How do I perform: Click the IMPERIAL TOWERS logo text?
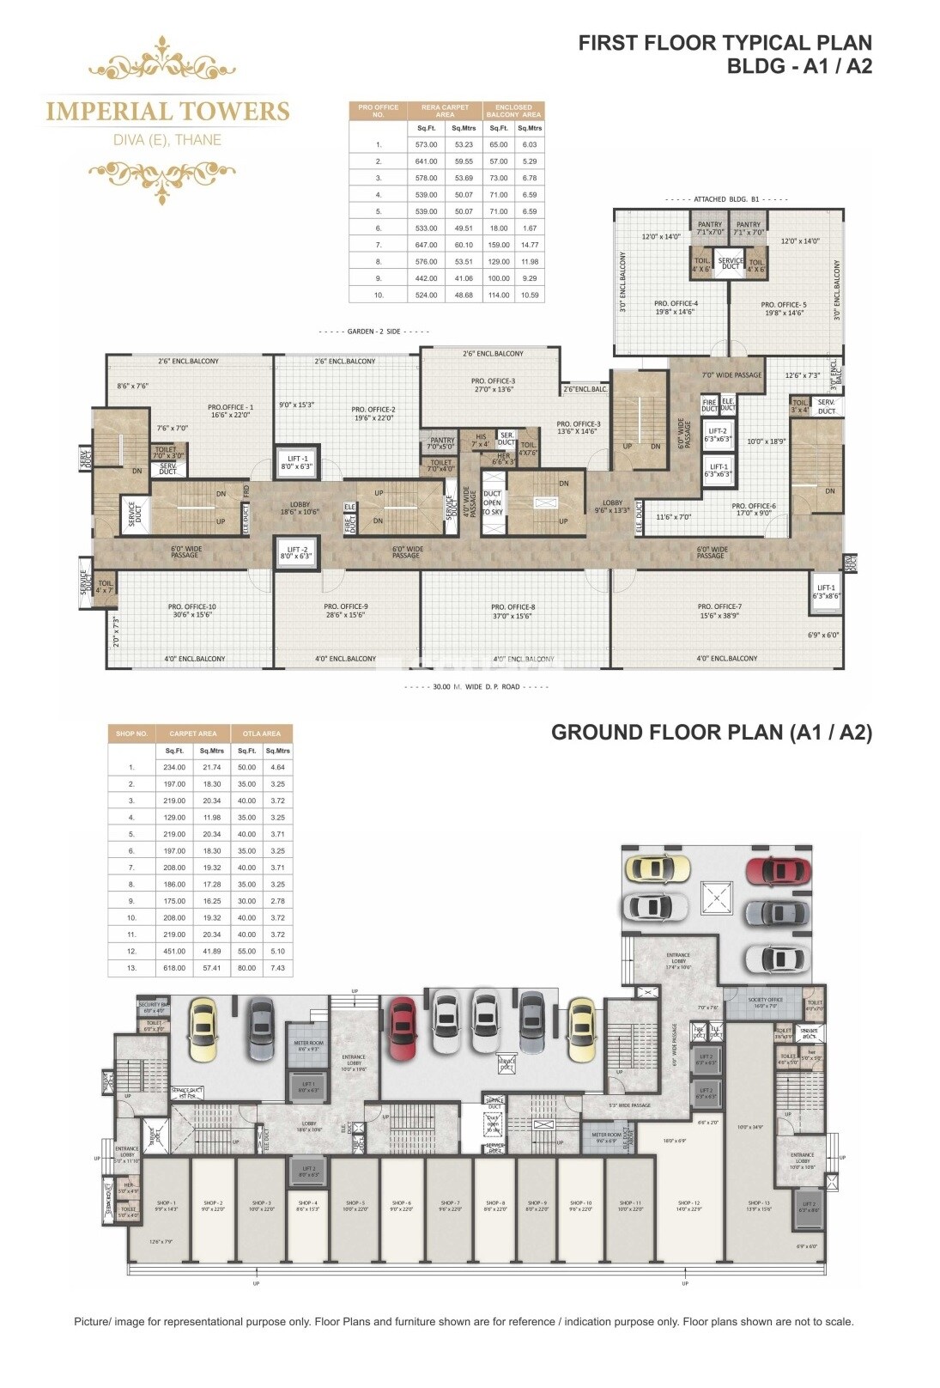(x=167, y=111)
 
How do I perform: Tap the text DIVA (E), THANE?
(x=167, y=140)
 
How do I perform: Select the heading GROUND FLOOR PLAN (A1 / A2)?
(x=711, y=733)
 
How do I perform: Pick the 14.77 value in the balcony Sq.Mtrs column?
(x=530, y=245)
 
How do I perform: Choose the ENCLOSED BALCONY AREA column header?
(x=513, y=111)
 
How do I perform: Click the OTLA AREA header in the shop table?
(x=262, y=734)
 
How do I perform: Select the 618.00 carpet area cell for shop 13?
(x=174, y=968)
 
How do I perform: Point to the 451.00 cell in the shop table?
(x=174, y=952)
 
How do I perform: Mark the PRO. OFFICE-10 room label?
(x=191, y=606)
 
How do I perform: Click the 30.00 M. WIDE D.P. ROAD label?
(x=476, y=687)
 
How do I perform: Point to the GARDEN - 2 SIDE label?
(x=373, y=332)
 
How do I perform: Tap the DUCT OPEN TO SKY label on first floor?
(x=492, y=502)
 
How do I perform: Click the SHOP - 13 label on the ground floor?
(x=758, y=1203)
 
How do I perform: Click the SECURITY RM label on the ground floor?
(x=154, y=1004)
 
